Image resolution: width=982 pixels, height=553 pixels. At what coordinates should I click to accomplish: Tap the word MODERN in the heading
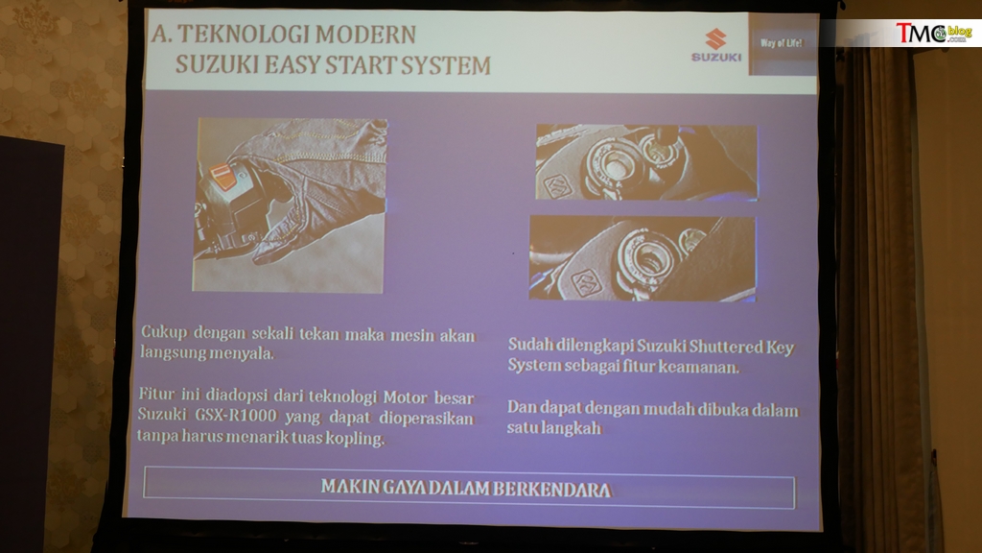[x=365, y=35]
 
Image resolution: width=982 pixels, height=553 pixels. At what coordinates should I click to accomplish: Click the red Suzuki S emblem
[x=715, y=38]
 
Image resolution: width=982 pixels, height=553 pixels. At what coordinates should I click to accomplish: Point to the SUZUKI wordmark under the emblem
[x=715, y=57]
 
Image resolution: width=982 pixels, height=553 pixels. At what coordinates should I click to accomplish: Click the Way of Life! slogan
[x=781, y=43]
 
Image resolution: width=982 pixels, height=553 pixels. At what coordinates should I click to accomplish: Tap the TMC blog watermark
[x=933, y=33]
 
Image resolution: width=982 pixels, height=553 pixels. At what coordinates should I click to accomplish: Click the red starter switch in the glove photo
[x=222, y=176]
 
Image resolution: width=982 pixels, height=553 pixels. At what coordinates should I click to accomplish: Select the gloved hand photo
[x=289, y=205]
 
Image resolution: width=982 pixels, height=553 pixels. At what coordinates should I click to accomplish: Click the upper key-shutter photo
[x=646, y=161]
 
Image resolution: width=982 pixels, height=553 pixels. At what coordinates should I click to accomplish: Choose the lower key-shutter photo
[x=643, y=258]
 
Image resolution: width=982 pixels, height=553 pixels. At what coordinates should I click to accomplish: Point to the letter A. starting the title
[x=161, y=34]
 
